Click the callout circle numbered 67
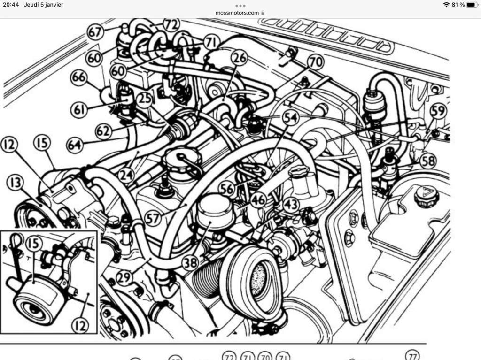(95, 32)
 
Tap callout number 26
(239, 58)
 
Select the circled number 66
(78, 77)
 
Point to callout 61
(79, 109)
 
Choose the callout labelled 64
(75, 145)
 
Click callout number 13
(15, 183)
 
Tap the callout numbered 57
(153, 219)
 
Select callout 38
(190, 263)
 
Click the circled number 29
(124, 278)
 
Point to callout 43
(290, 204)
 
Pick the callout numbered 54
(290, 117)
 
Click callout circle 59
(438, 111)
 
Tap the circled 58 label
(428, 161)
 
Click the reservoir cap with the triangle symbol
(427, 196)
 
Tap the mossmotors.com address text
(237, 13)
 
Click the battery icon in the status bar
(472, 5)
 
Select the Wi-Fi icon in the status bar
(446, 5)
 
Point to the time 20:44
(11, 5)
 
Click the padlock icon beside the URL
(263, 13)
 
